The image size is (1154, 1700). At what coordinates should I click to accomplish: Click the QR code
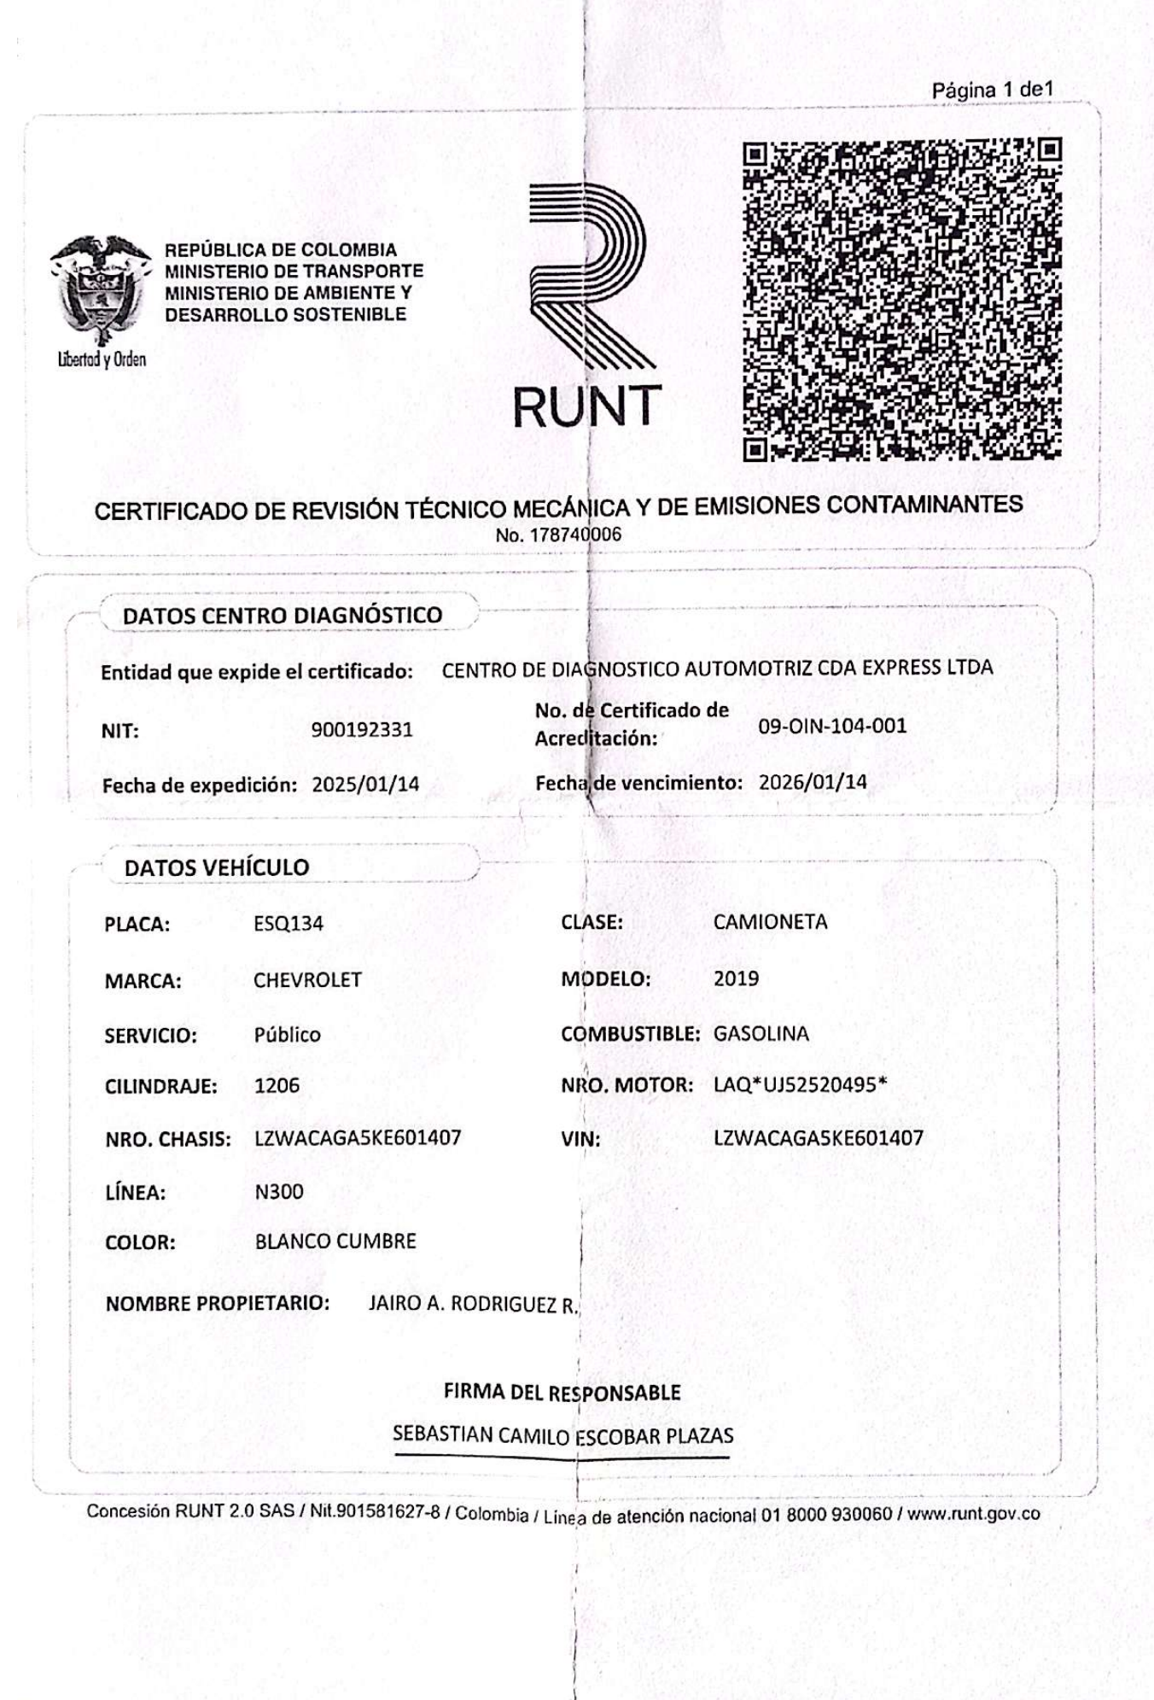tap(901, 300)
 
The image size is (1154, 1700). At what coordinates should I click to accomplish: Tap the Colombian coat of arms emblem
tap(100, 290)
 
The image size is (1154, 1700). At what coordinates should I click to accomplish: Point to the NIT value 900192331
tap(362, 730)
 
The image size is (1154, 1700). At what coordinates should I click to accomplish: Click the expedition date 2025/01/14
tap(365, 785)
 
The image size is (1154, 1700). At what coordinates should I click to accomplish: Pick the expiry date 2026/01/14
tap(812, 782)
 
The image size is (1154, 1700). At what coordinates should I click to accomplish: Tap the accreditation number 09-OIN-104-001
tap(832, 727)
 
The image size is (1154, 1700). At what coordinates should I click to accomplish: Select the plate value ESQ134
tap(288, 924)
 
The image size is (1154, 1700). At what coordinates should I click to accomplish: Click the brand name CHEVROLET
tap(307, 980)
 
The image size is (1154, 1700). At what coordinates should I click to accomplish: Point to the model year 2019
tap(736, 979)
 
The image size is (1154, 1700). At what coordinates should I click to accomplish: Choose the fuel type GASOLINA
tap(761, 1034)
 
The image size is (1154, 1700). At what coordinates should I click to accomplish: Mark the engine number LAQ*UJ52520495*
tap(800, 1085)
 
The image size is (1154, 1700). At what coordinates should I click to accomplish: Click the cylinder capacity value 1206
tap(277, 1086)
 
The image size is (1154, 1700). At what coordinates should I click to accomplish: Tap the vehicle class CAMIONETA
tap(770, 922)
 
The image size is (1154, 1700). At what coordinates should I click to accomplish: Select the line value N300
tap(278, 1192)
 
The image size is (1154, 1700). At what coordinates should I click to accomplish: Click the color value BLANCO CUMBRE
tap(335, 1241)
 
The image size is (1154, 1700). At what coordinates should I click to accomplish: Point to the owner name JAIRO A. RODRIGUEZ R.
tap(473, 1304)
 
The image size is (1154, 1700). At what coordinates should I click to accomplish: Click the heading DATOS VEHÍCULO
tap(217, 868)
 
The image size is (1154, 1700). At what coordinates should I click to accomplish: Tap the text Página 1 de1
tap(992, 90)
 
